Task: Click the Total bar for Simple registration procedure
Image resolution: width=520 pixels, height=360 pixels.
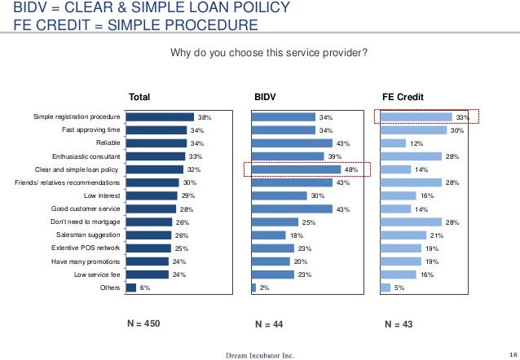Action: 159,117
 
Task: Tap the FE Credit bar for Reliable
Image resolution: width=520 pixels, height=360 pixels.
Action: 393,143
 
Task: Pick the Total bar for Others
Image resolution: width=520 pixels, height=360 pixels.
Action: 130,288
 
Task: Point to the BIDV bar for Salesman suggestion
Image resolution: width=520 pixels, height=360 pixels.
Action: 268,235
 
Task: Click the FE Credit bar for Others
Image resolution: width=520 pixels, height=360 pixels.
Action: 386,288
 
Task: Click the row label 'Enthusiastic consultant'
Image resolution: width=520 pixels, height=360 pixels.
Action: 86,156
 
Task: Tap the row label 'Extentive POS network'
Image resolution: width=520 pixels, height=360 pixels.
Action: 86,248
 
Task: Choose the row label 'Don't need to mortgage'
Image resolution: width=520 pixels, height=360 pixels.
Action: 86,222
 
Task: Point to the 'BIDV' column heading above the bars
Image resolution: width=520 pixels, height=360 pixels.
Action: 266,98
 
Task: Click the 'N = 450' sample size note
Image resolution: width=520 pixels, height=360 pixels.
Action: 143,323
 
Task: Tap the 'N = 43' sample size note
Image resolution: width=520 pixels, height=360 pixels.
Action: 399,324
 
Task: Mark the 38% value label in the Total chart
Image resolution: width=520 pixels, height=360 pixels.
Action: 205,118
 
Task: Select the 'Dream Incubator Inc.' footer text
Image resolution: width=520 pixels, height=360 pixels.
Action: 259,354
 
